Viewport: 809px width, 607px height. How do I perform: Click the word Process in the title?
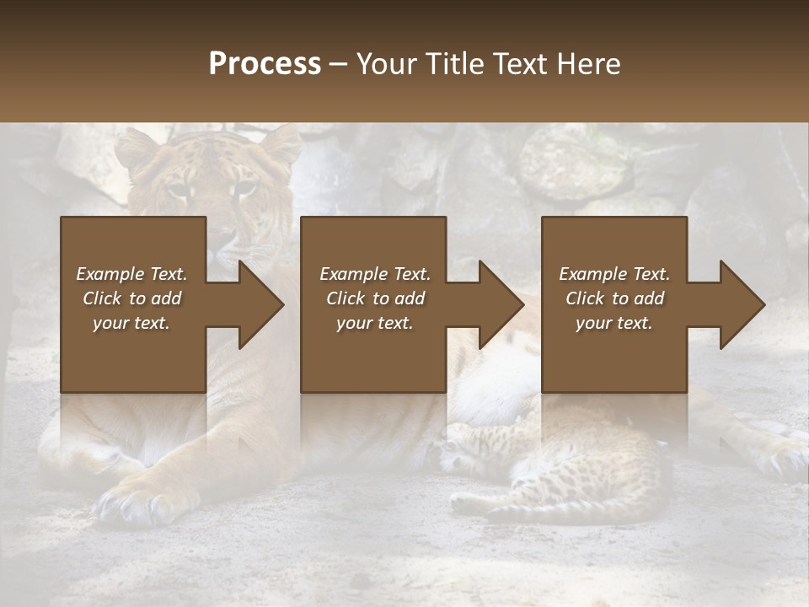[265, 64]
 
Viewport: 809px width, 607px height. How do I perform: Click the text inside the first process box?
[131, 298]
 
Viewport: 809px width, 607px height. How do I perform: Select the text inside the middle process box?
[375, 298]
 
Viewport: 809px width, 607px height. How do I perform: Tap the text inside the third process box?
[614, 298]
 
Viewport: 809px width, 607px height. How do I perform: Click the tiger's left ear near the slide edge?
[136, 149]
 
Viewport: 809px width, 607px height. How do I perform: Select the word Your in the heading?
[386, 64]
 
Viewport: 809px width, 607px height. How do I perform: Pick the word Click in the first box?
[103, 298]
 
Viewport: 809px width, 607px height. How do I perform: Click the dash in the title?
[339, 65]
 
